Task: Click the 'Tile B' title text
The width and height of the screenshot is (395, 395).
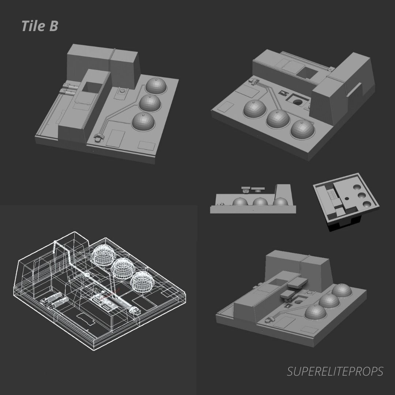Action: click(x=39, y=26)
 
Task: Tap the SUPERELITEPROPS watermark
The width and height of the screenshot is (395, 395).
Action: click(x=335, y=372)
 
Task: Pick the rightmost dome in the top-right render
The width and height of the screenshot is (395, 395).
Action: click(x=303, y=129)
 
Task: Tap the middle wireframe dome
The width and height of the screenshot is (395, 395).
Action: click(x=123, y=269)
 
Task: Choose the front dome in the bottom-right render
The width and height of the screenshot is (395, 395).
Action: click(x=316, y=313)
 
